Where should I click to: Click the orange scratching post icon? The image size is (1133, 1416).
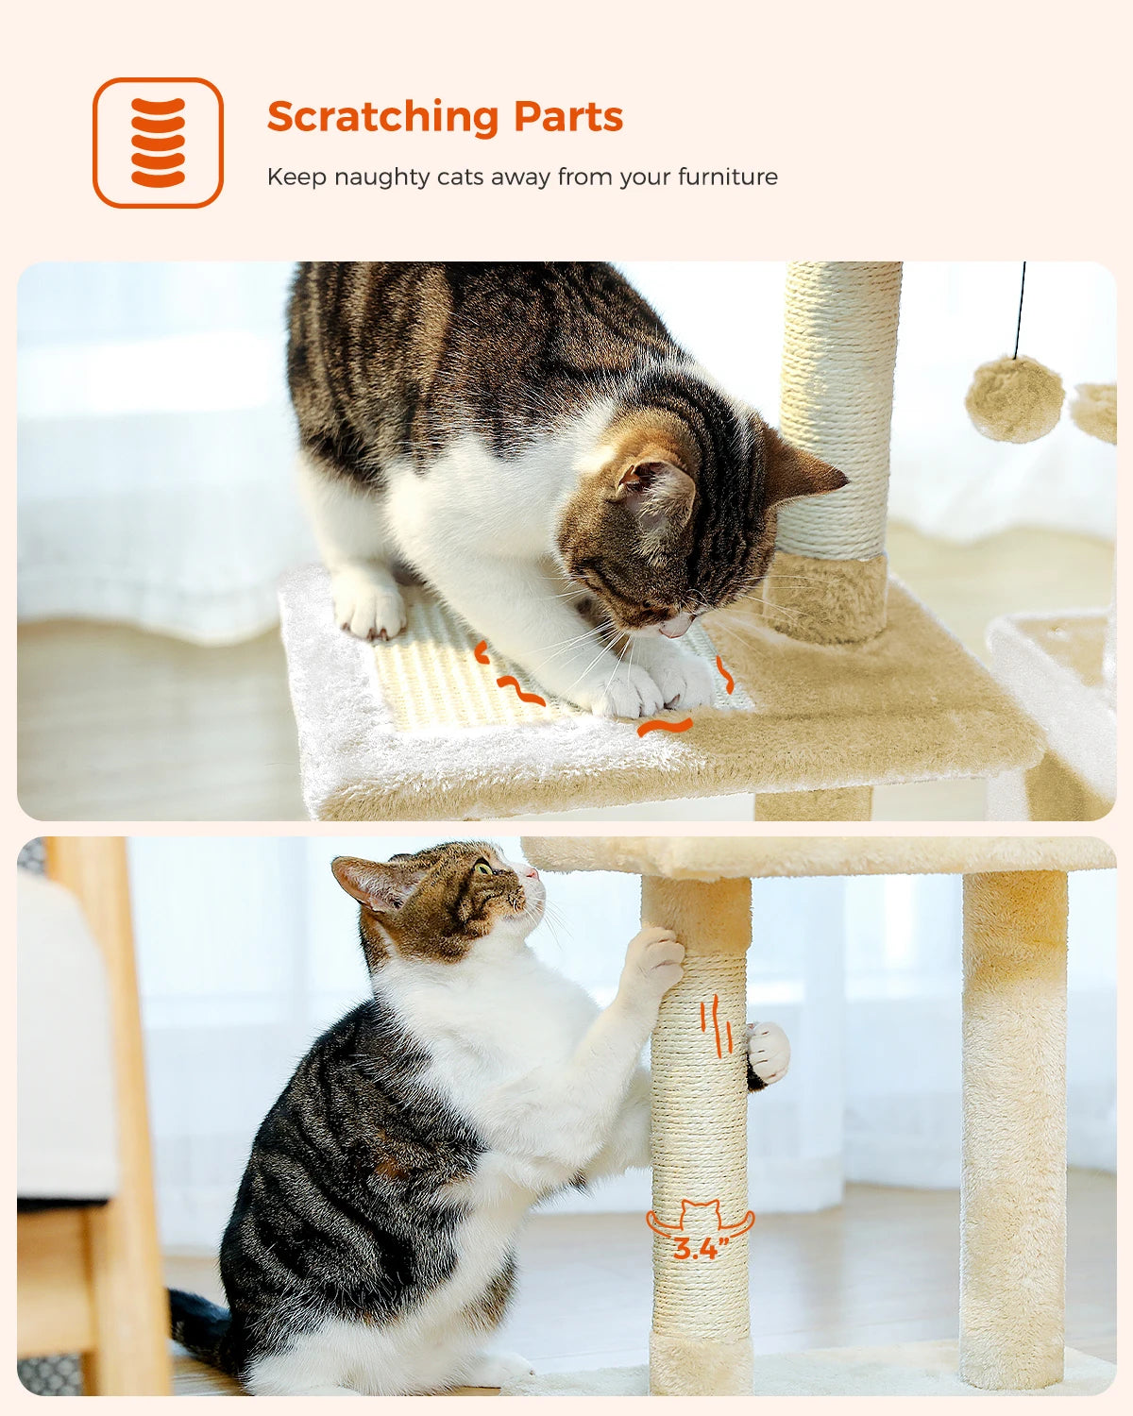pyautogui.click(x=158, y=143)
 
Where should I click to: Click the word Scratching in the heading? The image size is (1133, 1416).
pyautogui.click(x=382, y=118)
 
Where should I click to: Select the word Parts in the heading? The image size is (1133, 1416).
pyautogui.click(x=568, y=117)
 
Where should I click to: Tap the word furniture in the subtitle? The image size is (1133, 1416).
pyautogui.click(x=727, y=177)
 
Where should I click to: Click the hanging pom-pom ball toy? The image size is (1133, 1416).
pyautogui.click(x=1014, y=399)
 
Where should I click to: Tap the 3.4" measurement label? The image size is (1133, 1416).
pyautogui.click(x=700, y=1249)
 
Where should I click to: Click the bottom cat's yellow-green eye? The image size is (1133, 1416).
pyautogui.click(x=484, y=867)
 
